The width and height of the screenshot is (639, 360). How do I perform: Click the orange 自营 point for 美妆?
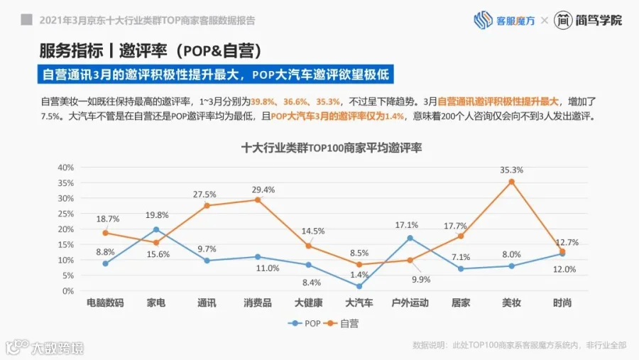coord(511,182)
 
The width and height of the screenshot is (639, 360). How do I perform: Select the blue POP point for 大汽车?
coord(359,286)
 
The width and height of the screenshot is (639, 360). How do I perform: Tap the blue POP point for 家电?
coord(156,229)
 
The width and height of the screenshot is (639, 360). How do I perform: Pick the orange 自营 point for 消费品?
coord(258,200)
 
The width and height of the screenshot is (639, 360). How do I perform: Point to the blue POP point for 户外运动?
coord(410,238)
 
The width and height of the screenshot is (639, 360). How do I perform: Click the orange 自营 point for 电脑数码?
coord(105,233)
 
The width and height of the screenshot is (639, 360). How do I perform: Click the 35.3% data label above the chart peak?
coord(511,170)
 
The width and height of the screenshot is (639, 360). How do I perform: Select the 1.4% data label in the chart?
coord(359,275)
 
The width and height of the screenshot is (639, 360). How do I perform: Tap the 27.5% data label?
coord(204,195)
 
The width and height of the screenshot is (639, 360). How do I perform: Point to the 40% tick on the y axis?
coord(65,167)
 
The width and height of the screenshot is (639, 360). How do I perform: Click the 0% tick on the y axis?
coord(68,291)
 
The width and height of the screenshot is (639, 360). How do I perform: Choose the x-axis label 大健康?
coord(309,303)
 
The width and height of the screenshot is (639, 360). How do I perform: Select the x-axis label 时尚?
coord(562,303)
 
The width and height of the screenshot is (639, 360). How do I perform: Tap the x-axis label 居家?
coord(461,303)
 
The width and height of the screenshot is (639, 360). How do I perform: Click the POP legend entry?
coord(305,323)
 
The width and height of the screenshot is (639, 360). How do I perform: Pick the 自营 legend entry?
coord(342,323)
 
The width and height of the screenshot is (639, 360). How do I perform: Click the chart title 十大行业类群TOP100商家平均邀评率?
coord(332,148)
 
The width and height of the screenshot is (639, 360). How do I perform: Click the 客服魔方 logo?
coord(504,20)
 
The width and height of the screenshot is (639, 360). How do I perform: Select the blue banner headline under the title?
coord(216,75)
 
